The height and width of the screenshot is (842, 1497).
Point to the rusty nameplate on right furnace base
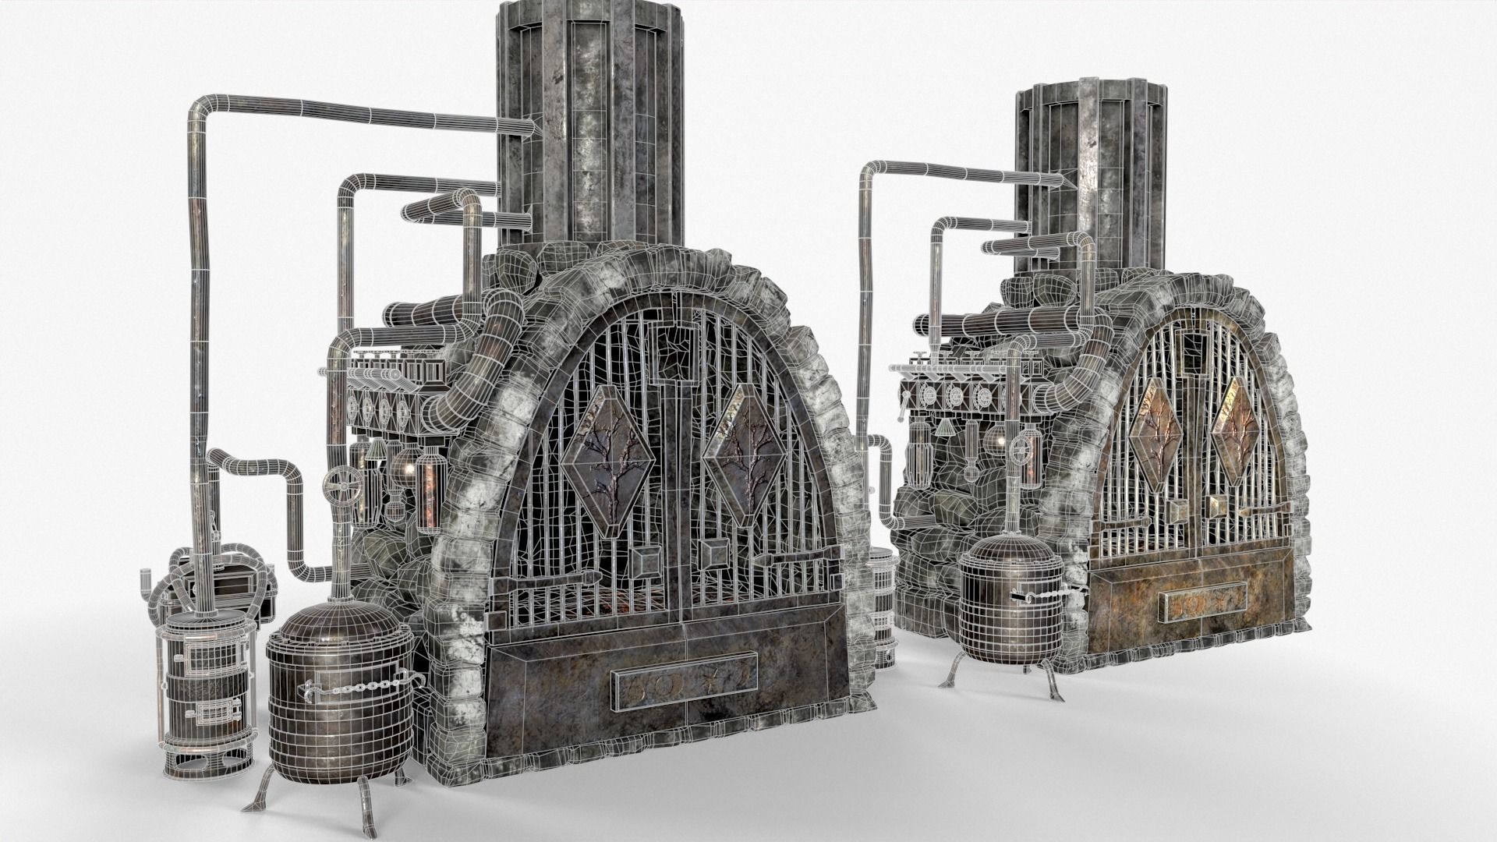[1201, 605]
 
